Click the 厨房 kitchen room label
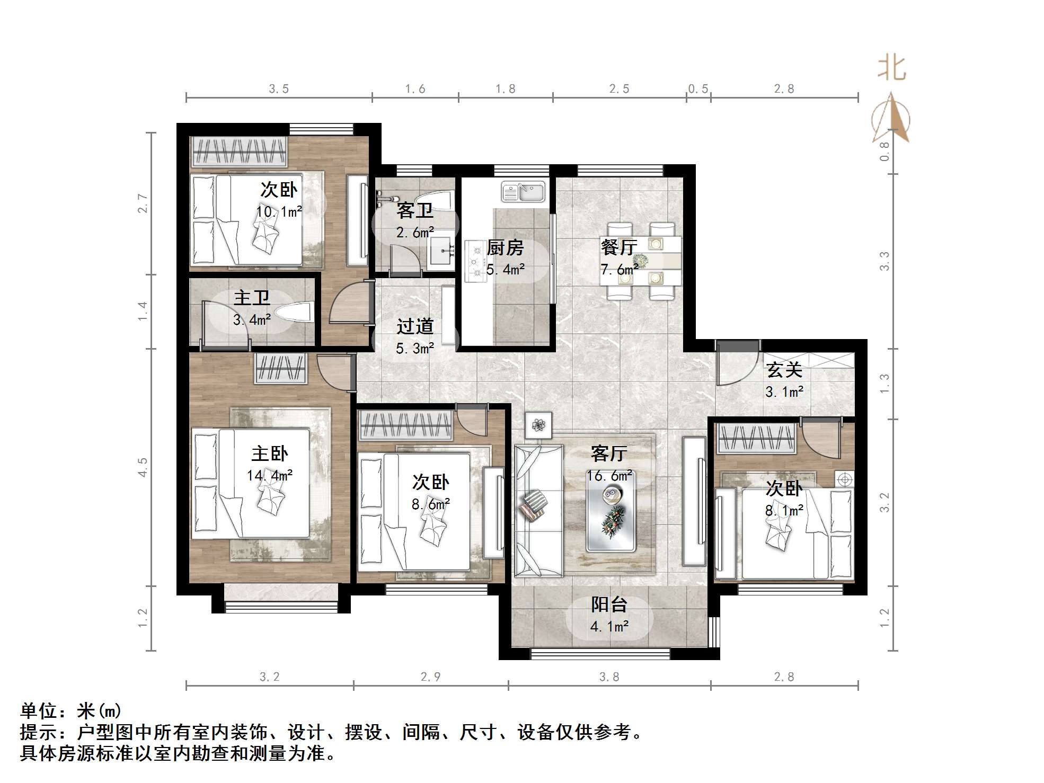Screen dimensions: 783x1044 (505, 247)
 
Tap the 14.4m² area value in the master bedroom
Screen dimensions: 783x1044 (269, 475)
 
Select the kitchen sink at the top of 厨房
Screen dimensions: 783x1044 (523, 192)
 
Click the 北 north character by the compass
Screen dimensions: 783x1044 (891, 69)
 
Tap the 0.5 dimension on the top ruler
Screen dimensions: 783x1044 (698, 89)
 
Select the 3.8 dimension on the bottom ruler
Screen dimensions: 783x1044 (609, 677)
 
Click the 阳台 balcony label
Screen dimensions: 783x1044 (609, 604)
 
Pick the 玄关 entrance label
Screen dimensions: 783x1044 (784, 369)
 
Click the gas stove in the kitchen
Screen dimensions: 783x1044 (475, 261)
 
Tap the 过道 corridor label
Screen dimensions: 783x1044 (415, 326)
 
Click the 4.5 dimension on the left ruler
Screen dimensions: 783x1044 (143, 467)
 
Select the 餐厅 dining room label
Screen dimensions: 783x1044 (618, 247)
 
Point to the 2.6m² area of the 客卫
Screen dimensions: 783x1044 (415, 232)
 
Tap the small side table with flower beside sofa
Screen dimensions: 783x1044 (538, 425)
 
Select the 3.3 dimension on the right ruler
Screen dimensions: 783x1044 (884, 261)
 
